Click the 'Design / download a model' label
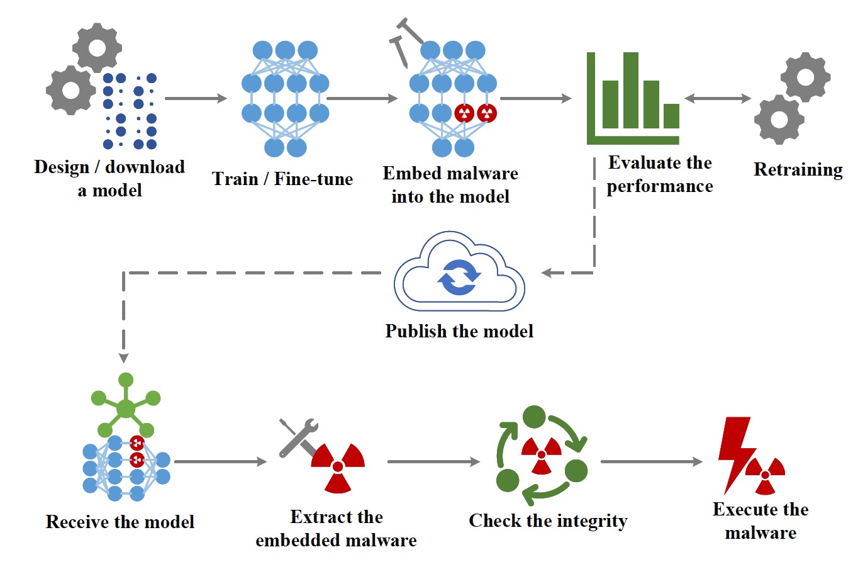109,178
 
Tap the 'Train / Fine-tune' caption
282,179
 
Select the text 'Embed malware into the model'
450,184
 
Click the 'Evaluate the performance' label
660,174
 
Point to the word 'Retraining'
798,169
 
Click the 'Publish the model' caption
459,331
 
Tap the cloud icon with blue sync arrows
459,274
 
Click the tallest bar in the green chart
631,91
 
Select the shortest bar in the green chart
671,116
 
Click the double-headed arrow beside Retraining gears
718,98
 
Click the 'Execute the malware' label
760,521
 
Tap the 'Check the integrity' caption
548,521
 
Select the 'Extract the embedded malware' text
336,528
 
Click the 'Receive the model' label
120,522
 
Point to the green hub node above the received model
126,408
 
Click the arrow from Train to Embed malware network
362,98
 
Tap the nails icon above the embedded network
403,40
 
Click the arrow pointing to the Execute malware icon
651,461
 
